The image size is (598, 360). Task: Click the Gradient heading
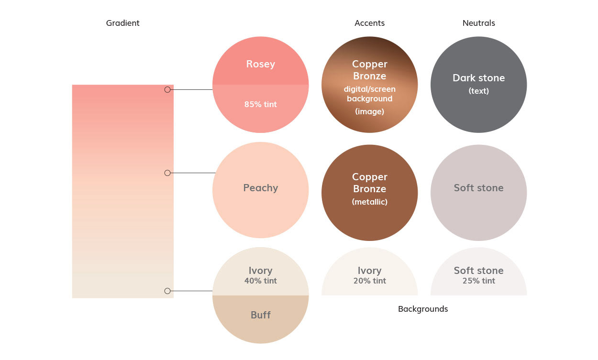pos(122,23)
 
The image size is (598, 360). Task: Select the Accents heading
pos(369,23)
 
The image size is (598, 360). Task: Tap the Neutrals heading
pos(478,23)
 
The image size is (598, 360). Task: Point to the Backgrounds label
pos(423,309)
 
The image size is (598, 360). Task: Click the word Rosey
pos(260,64)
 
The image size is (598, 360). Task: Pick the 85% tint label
pos(260,104)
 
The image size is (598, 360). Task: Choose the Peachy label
pos(260,188)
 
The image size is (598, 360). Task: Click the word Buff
pos(260,315)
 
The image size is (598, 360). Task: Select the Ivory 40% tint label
pos(260,275)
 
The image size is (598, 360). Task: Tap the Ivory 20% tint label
pos(369,275)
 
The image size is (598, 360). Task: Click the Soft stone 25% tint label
pos(478,275)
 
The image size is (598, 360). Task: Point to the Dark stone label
pos(478,78)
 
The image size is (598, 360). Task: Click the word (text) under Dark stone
pos(478,91)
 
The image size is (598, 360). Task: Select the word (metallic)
pos(369,202)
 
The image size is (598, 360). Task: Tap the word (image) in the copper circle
pos(369,111)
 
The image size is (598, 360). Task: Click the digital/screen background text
pos(369,94)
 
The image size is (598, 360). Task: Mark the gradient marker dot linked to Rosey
pos(167,89)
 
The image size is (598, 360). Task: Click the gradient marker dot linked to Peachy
pos(167,173)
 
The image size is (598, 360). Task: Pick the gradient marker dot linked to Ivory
pos(167,291)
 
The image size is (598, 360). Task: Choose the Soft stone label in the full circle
pos(478,188)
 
